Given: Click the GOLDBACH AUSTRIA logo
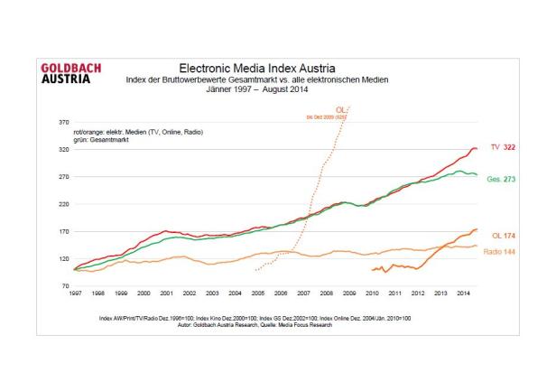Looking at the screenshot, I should tap(72, 72).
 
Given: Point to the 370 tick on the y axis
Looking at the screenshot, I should tap(63, 120).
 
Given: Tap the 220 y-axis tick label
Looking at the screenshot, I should tap(63, 203).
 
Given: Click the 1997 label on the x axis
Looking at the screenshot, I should tap(75, 293).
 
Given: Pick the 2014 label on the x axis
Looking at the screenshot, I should tap(462, 293).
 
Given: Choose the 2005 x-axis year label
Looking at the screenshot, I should tap(257, 293).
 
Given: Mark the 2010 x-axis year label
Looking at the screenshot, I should tap(371, 293).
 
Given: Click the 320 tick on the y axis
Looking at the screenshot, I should tap(63, 148).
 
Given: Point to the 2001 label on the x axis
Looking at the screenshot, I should tap(166, 293).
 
